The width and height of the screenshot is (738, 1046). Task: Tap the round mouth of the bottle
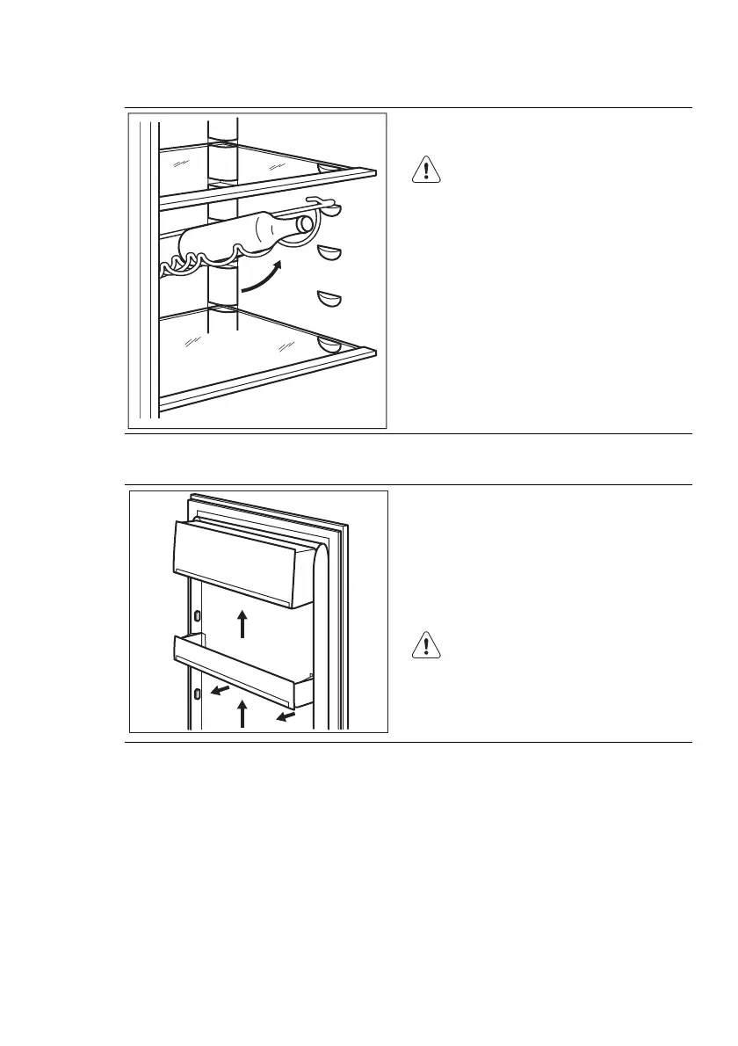305,223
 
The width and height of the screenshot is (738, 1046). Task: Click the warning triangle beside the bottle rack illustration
425,169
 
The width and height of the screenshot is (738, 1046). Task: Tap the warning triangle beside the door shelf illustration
425,646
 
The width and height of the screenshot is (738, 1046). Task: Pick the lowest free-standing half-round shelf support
330,300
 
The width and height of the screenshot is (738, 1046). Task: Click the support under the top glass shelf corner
330,167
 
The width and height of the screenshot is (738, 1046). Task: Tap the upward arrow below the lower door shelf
242,713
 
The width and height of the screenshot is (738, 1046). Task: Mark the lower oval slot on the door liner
196,695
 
